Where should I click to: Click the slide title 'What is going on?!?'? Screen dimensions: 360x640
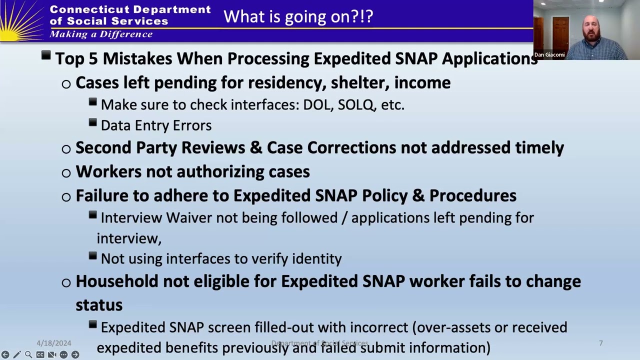click(x=298, y=16)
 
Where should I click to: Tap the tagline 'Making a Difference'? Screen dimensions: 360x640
click(x=101, y=34)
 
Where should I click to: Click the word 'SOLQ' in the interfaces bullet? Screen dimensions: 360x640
click(x=355, y=104)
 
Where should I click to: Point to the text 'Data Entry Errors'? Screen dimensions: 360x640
click(x=156, y=125)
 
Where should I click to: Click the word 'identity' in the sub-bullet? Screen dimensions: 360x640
click(x=316, y=258)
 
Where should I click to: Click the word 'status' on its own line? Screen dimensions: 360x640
click(x=99, y=305)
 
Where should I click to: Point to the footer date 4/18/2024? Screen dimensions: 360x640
click(x=54, y=343)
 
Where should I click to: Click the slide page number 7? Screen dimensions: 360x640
click(x=600, y=343)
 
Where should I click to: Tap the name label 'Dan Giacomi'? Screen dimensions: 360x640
click(x=549, y=55)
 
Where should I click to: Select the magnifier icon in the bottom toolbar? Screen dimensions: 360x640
click(x=28, y=354)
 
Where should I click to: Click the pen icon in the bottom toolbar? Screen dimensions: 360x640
click(x=17, y=354)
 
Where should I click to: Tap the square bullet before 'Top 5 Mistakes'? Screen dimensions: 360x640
click(x=46, y=55)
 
